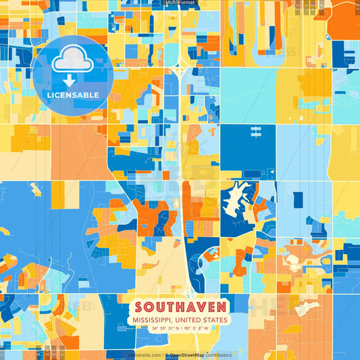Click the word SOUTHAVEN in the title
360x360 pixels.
179,307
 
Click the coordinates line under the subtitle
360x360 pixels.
179,328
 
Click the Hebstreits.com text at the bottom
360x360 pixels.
144,355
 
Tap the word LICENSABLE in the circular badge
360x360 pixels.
72,95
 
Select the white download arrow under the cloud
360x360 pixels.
70,80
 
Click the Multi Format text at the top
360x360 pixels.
180,3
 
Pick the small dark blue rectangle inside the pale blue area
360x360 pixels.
298,199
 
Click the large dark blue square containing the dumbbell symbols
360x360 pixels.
247,145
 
